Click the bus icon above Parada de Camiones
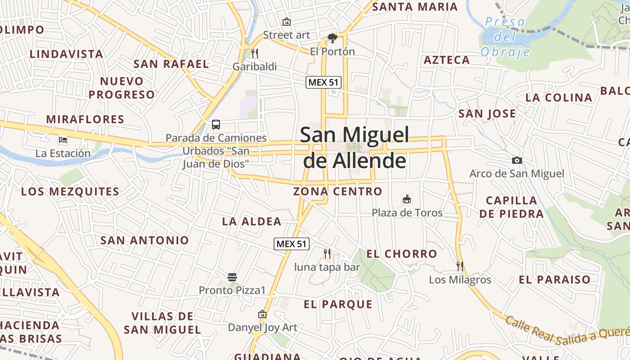coord(216,125)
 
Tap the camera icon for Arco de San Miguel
coord(517,160)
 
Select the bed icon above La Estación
coord(63,140)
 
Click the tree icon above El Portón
coord(333,38)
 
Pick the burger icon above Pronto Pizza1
coord(232,277)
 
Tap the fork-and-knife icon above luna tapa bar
coord(327,254)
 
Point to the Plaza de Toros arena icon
coord(407,199)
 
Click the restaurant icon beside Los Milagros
coord(460,266)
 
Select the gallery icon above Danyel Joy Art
coord(262,314)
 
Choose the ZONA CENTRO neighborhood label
coord(337,192)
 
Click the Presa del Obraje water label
coord(505,37)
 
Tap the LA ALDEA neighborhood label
coord(252,221)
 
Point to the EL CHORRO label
coord(401,254)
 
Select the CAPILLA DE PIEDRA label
coord(512,207)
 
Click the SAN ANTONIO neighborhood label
coord(144,240)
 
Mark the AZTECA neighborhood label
coord(446,60)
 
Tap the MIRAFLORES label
coord(85,119)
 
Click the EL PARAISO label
coord(554,279)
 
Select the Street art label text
coord(286,35)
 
